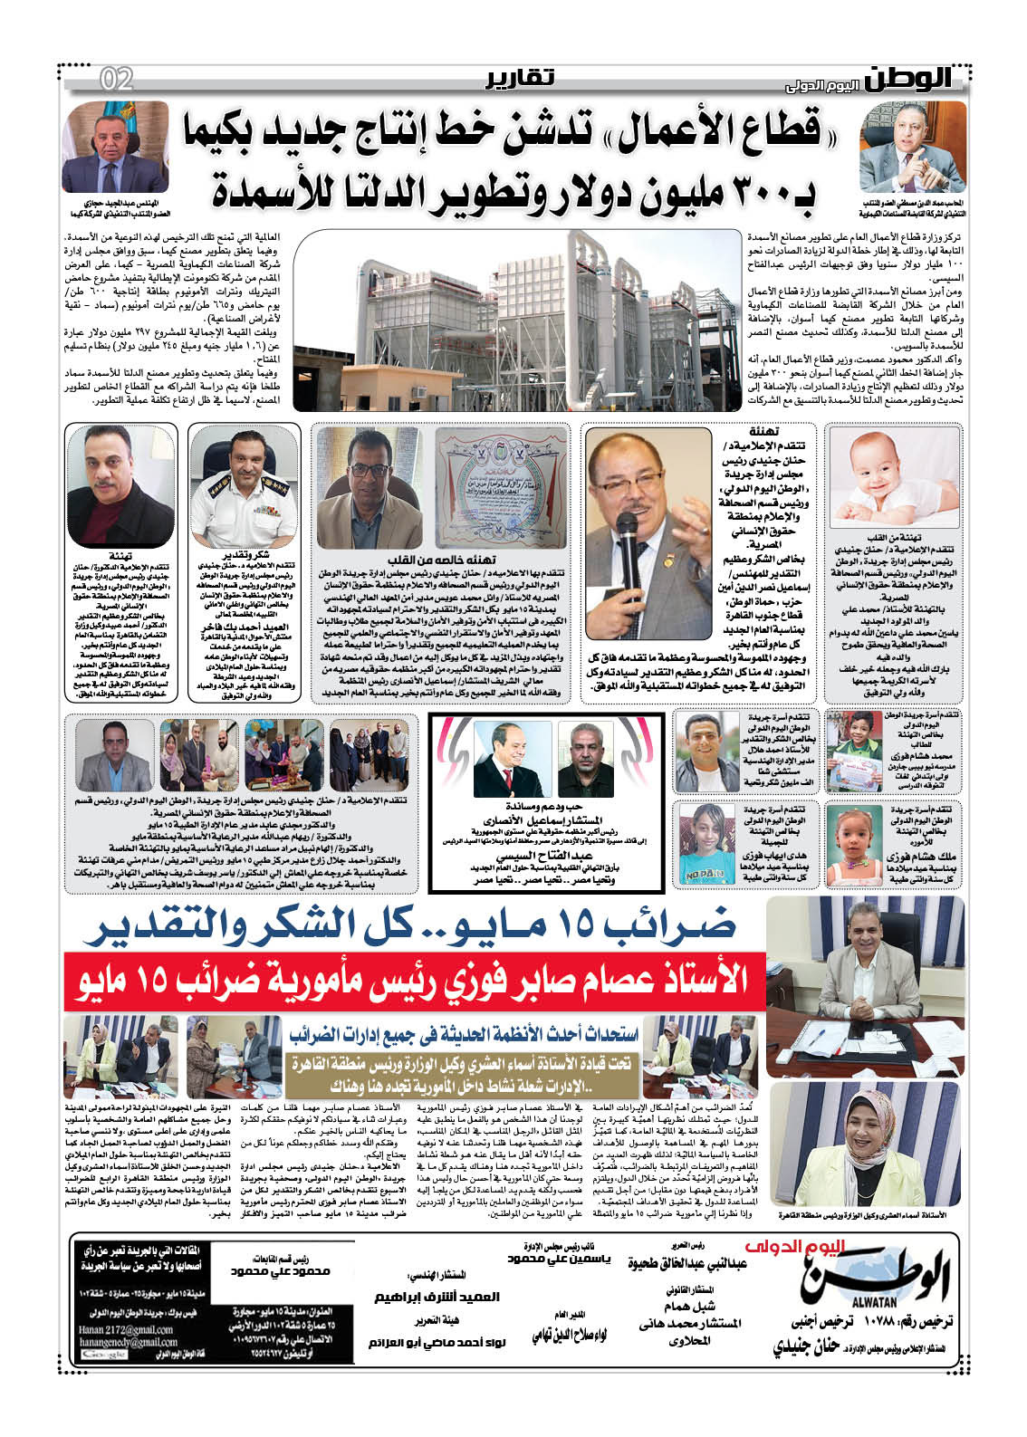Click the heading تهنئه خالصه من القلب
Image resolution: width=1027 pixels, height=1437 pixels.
(x=437, y=561)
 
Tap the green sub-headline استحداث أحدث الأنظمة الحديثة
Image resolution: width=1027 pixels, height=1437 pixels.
(x=465, y=1033)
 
